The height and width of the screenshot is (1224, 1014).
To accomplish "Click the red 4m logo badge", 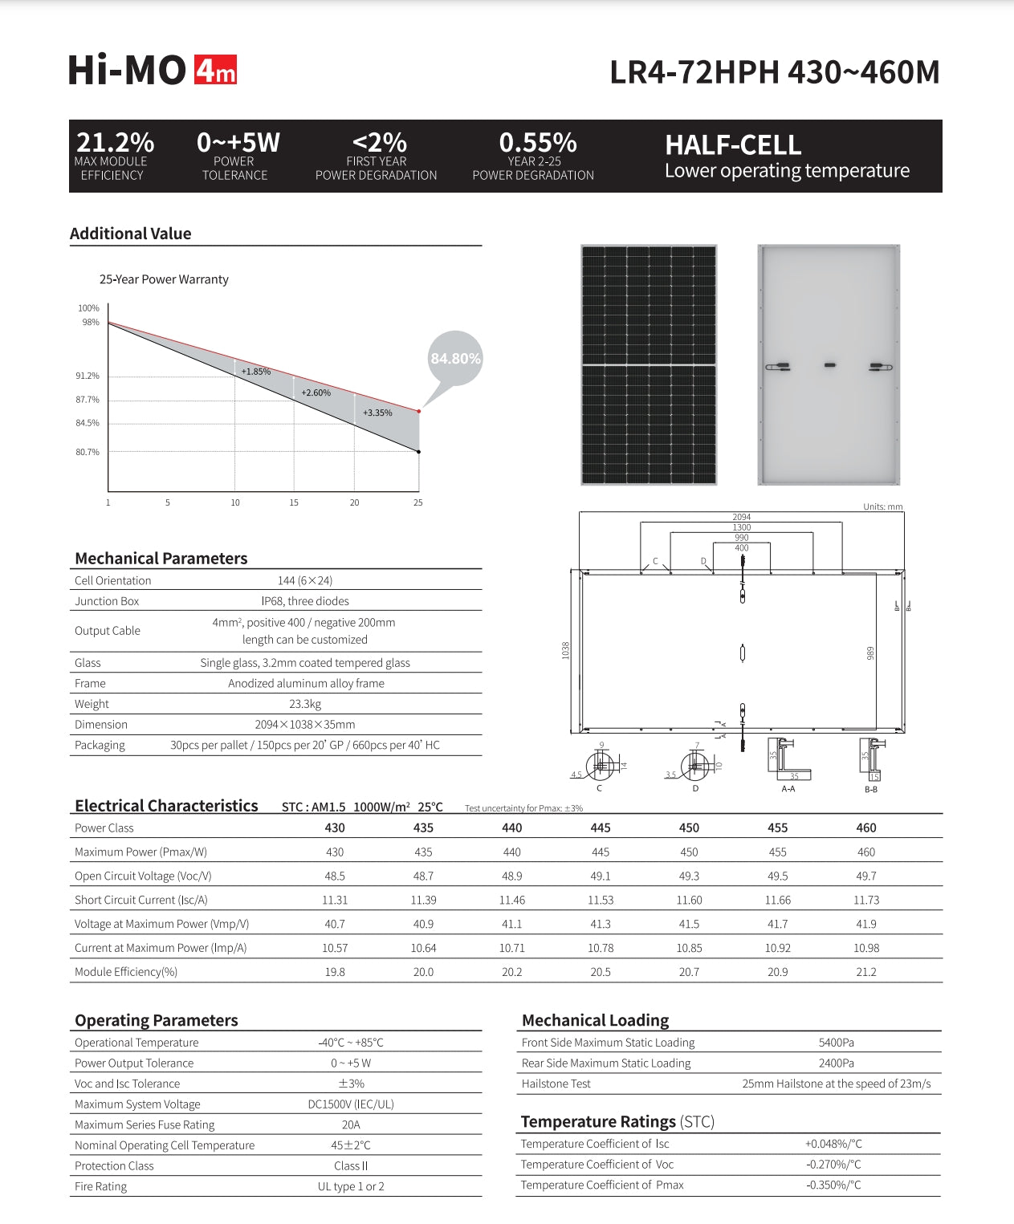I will [216, 71].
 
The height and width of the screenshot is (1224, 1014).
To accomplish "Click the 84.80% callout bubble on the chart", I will [455, 359].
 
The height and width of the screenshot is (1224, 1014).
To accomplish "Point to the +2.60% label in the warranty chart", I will [316, 392].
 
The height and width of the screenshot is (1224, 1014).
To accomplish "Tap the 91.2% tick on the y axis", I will [88, 376].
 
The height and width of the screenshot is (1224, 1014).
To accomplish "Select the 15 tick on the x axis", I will [294, 502].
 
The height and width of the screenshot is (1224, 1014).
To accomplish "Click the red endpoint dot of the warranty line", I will [418, 412].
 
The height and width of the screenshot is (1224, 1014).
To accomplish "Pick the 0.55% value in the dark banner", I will [537, 143].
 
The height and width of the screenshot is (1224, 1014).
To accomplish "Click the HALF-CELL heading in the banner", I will [733, 145].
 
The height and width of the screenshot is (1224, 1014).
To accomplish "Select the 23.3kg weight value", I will [305, 704].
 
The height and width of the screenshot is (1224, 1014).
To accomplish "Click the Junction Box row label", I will [107, 601].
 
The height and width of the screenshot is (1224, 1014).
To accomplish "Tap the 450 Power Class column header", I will [689, 828].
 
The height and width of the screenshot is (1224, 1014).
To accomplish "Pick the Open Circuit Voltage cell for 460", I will [866, 876].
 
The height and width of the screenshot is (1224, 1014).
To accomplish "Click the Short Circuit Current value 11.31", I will [335, 900].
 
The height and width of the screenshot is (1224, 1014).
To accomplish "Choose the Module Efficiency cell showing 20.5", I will [601, 971].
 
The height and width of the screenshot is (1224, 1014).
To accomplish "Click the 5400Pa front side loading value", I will [836, 1043].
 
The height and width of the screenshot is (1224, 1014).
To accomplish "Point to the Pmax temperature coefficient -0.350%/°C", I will [833, 1185].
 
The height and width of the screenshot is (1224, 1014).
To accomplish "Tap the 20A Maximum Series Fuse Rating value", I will [351, 1124].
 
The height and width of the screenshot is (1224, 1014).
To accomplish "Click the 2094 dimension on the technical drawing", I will [741, 517].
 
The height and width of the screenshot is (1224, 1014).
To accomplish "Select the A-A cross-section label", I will [788, 789].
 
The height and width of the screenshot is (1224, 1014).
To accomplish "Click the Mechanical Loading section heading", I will [595, 1020].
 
